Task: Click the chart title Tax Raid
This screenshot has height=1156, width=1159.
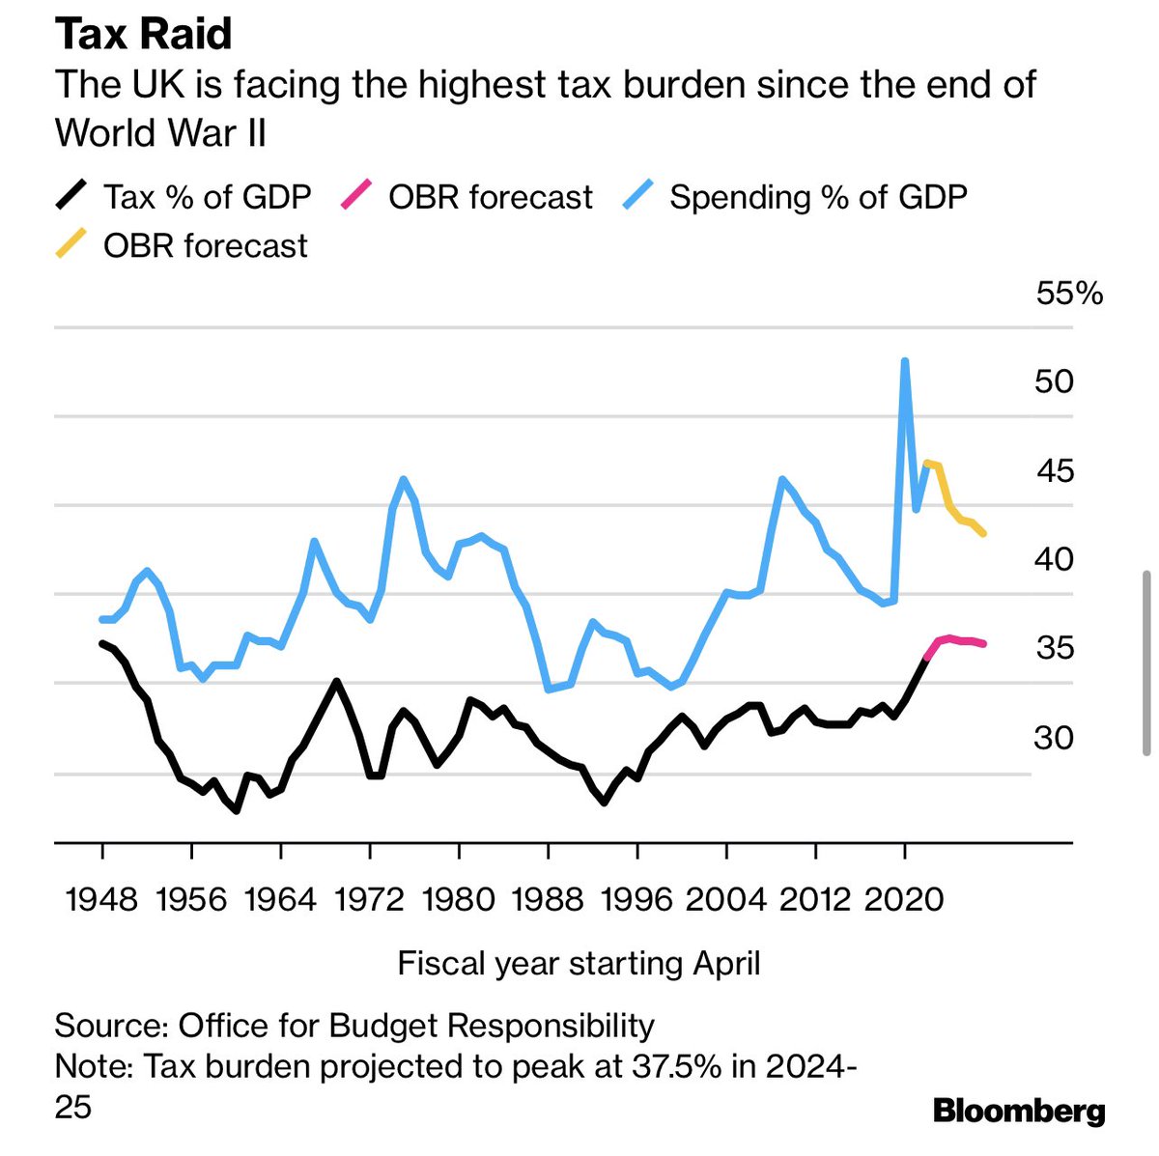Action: click(x=144, y=34)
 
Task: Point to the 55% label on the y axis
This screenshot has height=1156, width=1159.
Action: click(x=1068, y=293)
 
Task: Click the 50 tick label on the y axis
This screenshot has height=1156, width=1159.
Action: click(x=1053, y=381)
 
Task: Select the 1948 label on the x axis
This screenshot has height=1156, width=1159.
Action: click(x=101, y=899)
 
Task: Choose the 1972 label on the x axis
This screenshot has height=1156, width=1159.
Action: click(x=369, y=899)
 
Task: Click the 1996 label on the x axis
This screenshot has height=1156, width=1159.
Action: click(x=636, y=899)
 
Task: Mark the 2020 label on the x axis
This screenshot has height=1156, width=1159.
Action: click(x=904, y=899)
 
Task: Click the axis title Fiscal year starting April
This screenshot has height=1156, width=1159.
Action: click(x=579, y=963)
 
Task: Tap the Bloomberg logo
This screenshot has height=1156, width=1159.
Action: click(x=1019, y=1111)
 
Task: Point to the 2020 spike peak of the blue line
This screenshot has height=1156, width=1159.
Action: click(x=905, y=361)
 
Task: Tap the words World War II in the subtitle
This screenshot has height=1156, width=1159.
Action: click(x=160, y=132)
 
